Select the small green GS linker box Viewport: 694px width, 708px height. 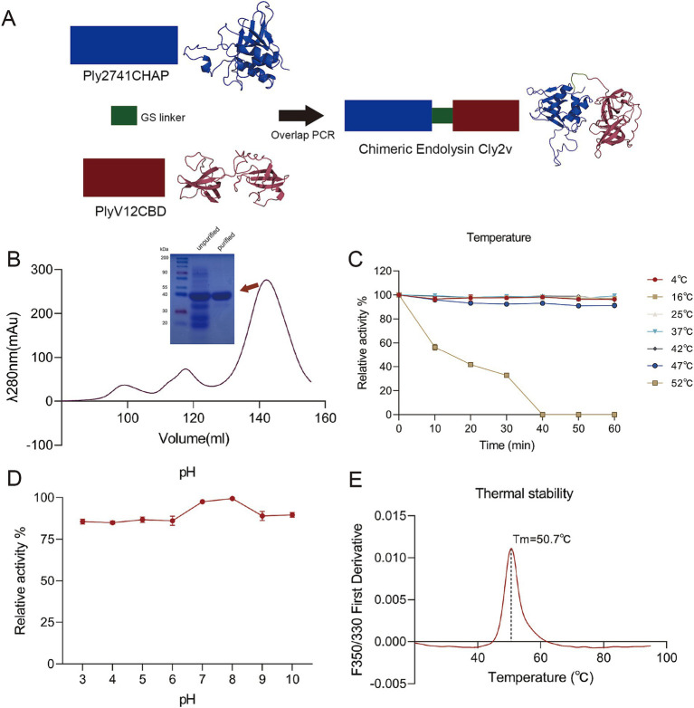[124, 116]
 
